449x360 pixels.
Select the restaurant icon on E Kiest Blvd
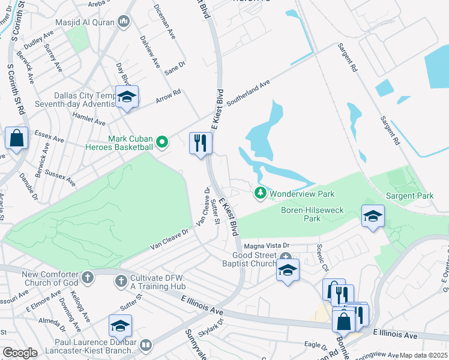tap(200, 143)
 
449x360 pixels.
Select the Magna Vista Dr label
tap(266, 246)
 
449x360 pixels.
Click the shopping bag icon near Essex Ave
tap(16, 139)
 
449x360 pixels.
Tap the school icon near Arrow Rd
tap(127, 97)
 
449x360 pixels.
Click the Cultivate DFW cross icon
tap(121, 280)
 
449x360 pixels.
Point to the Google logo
tap(20, 353)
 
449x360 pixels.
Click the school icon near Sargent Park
tap(372, 216)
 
